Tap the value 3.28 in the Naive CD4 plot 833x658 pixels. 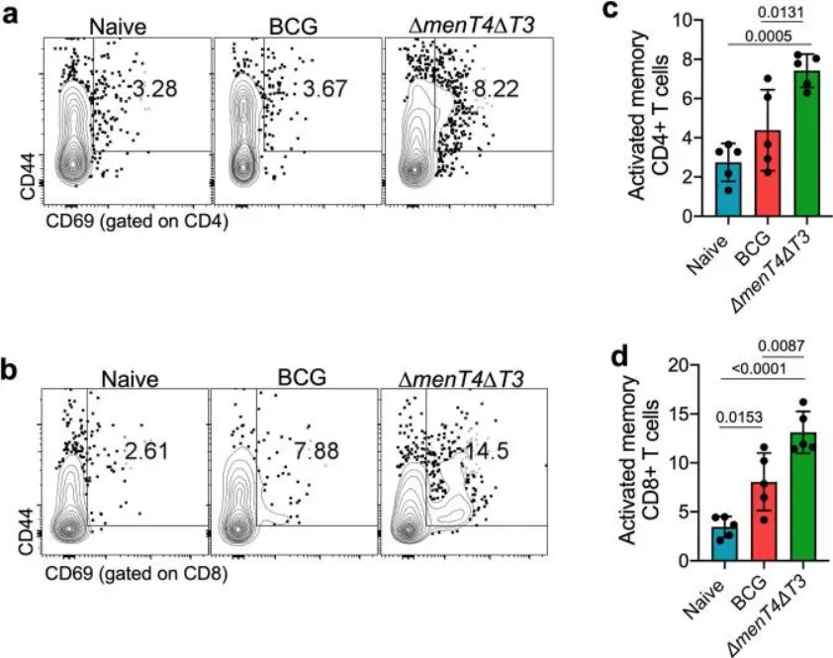(x=155, y=91)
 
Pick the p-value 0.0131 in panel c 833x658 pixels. (x=778, y=14)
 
